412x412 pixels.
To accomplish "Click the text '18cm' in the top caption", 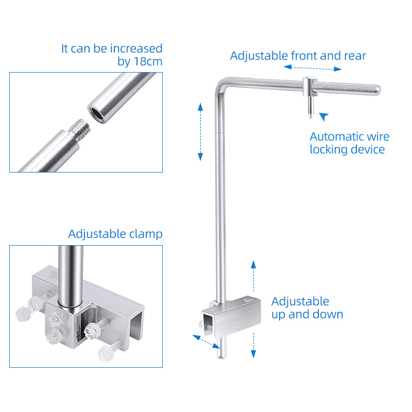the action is [148, 61].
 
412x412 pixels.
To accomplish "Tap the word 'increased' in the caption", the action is [136, 48].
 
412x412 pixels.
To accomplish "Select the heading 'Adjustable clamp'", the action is [115, 234].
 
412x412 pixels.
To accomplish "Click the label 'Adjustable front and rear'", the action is [298, 56].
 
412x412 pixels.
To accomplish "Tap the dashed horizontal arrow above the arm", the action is [313, 68].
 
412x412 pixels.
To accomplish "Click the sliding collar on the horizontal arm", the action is [310, 87].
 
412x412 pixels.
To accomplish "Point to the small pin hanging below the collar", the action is [311, 107].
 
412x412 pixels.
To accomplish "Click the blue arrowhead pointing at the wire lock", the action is [324, 116].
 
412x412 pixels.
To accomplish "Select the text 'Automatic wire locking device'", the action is [350, 143].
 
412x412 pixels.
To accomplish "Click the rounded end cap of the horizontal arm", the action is [377, 90].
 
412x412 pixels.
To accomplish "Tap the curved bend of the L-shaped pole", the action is [222, 84].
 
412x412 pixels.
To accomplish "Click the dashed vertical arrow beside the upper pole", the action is [200, 132].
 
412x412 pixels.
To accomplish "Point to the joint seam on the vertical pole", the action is [220, 133].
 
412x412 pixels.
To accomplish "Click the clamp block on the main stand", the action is [231, 317].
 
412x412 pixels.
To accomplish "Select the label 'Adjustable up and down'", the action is [307, 307].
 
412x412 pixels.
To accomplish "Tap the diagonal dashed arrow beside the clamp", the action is [207, 341].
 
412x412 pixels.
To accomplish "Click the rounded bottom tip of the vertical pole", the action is [221, 356].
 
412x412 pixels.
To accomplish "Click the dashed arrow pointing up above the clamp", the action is [253, 276].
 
